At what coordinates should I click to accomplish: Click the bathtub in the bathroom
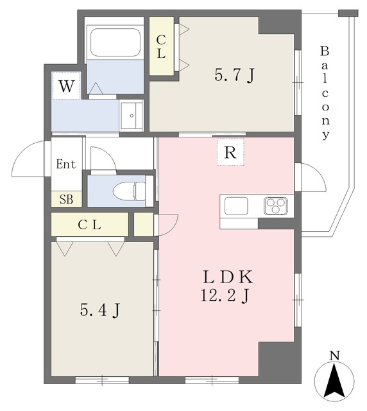coord(115,42)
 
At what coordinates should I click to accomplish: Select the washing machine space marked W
coord(66,85)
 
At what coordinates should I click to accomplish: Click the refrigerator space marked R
coord(230,152)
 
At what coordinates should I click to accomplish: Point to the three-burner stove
coord(276,205)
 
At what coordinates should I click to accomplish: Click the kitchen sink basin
coord(236,205)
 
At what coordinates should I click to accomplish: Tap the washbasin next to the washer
coord(132,116)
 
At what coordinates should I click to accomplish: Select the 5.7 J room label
coord(234,75)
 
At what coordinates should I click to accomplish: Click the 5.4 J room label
coord(100,310)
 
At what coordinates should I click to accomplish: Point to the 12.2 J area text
coord(225,295)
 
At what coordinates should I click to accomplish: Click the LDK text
coord(228,277)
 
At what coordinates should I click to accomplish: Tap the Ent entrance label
coord(66,164)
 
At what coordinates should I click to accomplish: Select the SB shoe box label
coord(66,200)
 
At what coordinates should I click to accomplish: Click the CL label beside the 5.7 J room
coord(161,47)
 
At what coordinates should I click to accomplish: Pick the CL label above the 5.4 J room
coord(90,225)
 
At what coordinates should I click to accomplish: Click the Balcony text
coord(325,93)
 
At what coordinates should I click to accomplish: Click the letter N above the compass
coord(334,356)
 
